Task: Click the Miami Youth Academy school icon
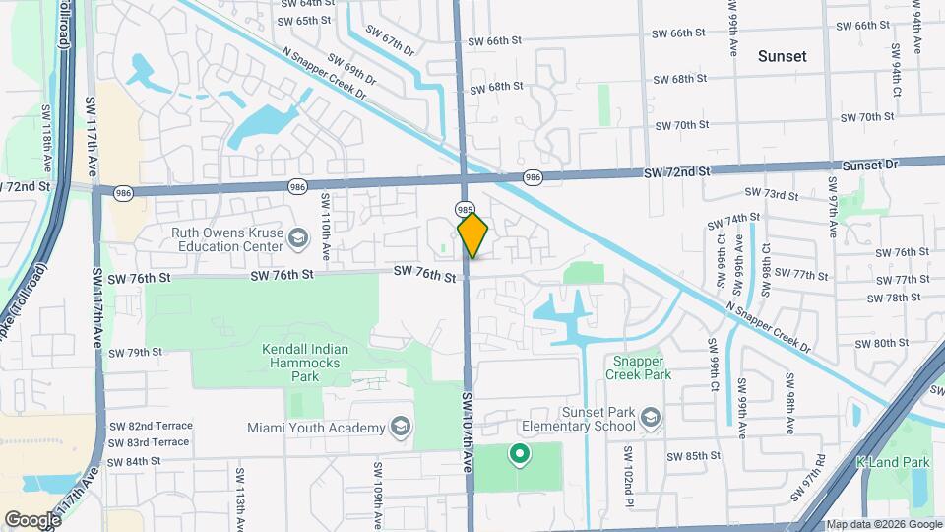pyautogui.click(x=400, y=427)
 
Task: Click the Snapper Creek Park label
pyautogui.click(x=640, y=367)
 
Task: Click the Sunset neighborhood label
pyautogui.click(x=782, y=56)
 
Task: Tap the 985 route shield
pyautogui.click(x=465, y=209)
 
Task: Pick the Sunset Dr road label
pyautogui.click(x=861, y=166)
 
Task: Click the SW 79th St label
pyautogui.click(x=135, y=352)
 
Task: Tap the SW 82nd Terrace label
pyautogui.click(x=150, y=426)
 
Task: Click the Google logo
pyautogui.click(x=32, y=519)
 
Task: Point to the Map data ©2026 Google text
pyautogui.click(x=883, y=524)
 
